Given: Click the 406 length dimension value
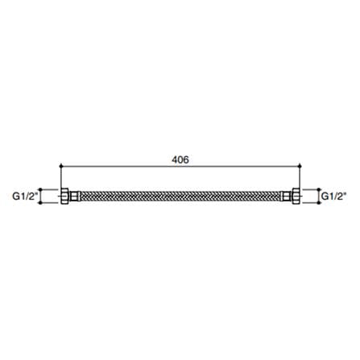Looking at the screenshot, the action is [x=180, y=159].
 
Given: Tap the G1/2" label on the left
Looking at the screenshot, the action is [x=24, y=197].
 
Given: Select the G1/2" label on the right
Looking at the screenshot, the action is [x=333, y=197].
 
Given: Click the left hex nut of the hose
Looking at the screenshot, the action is [x=65, y=197].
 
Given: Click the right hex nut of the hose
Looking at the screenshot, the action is [x=296, y=197].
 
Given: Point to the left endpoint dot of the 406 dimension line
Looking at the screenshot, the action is [x=61, y=167].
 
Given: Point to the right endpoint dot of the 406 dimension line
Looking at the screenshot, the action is [x=300, y=167].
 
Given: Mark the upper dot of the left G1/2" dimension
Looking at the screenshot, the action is [x=40, y=189].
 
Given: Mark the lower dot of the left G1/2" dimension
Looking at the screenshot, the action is [x=40, y=203].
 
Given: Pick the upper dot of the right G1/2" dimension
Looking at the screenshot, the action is [x=319, y=189].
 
